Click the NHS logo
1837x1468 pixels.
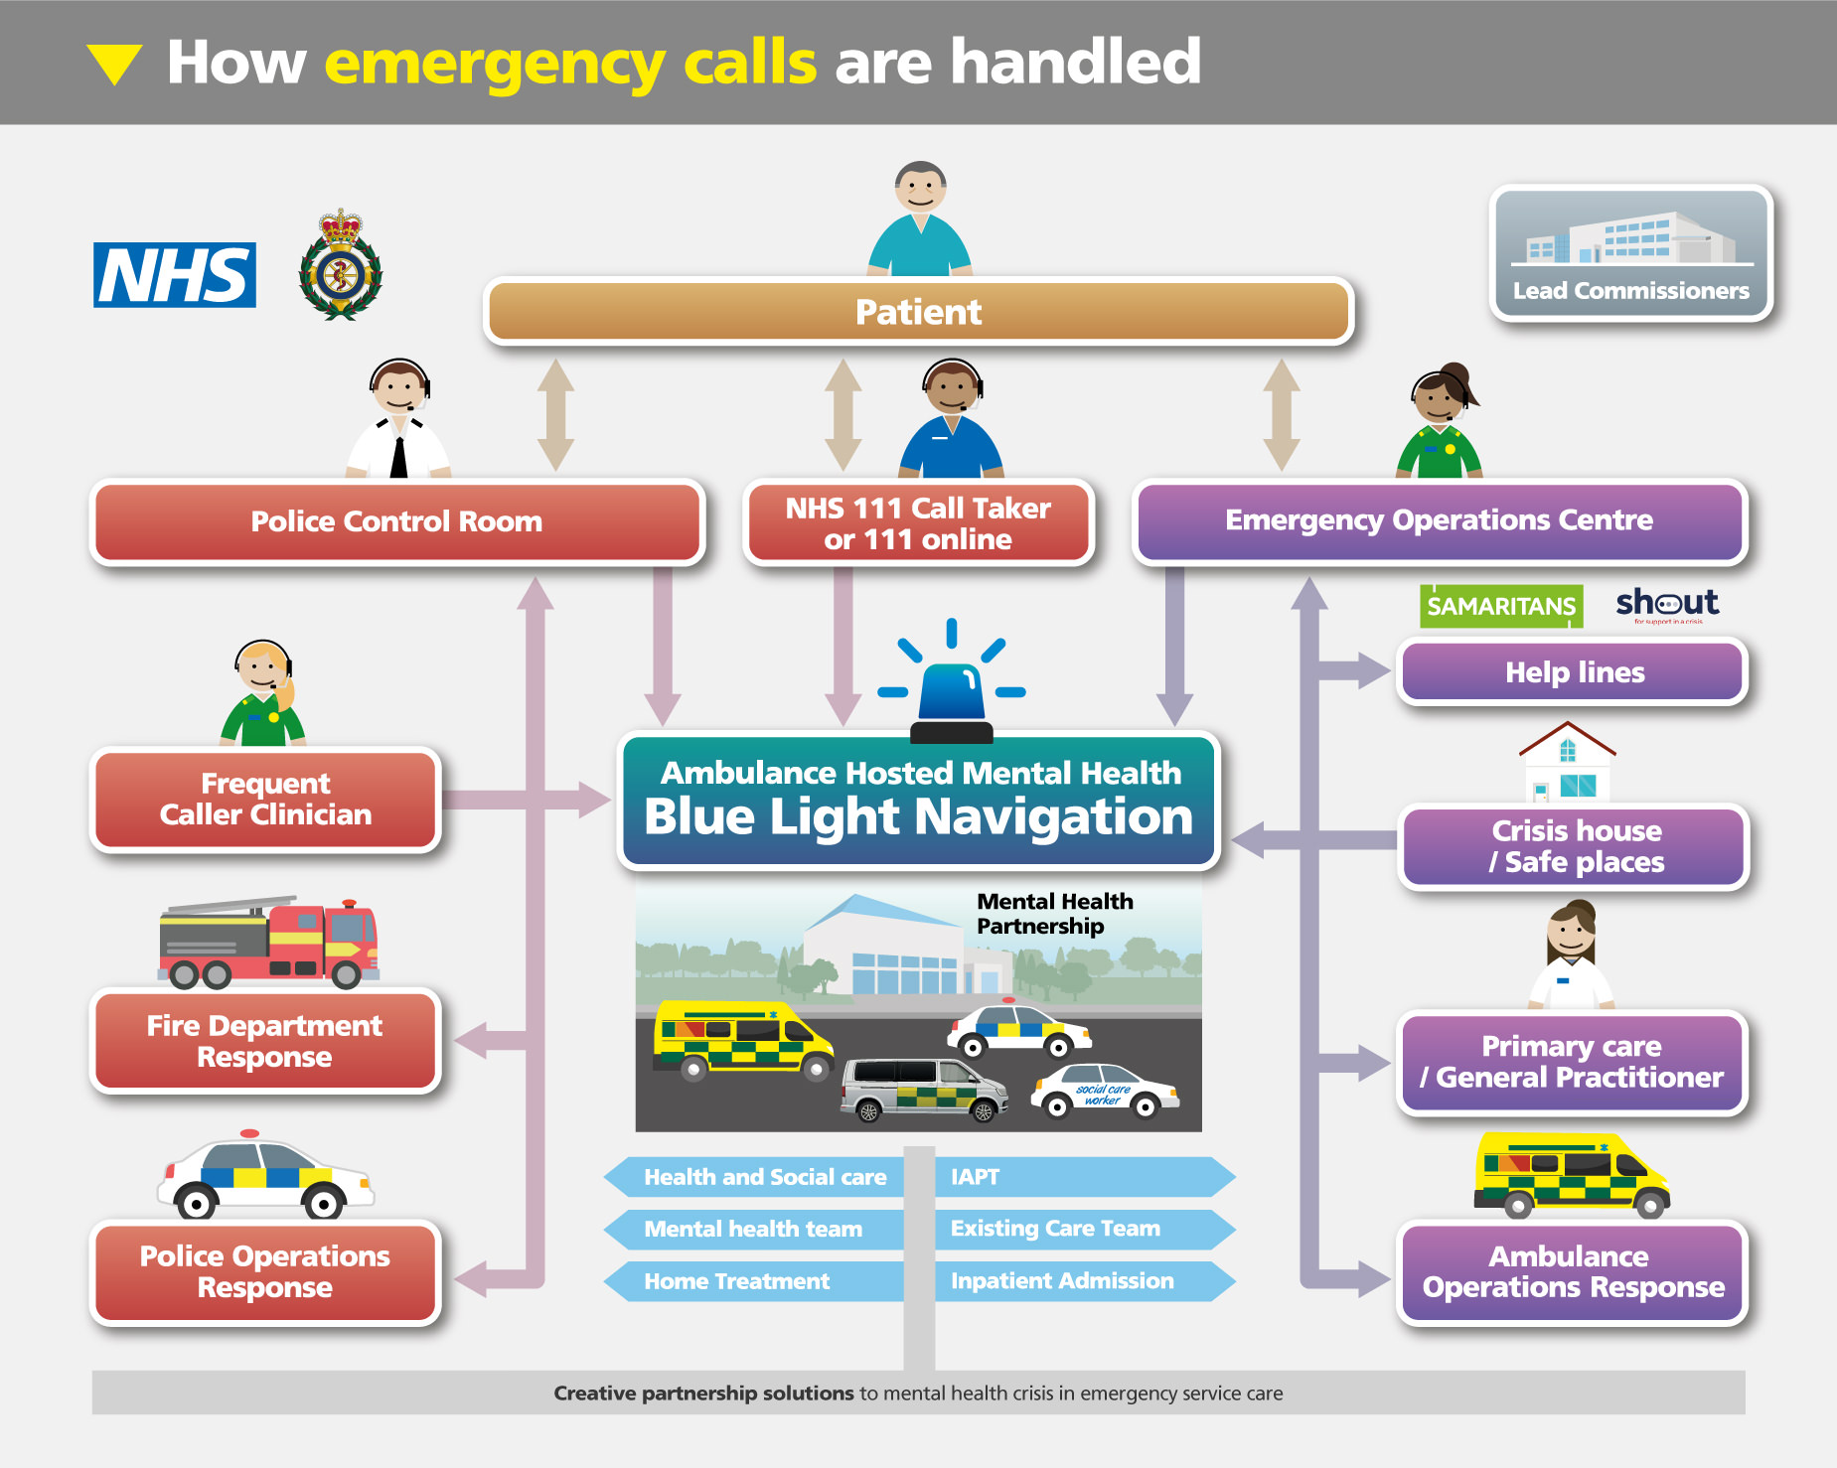(x=175, y=275)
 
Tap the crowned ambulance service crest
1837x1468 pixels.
(x=341, y=265)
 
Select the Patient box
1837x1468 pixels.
(x=918, y=312)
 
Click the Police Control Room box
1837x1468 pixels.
(x=396, y=521)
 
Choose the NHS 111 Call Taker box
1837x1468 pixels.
(x=918, y=523)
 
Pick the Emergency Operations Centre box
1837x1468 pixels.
(x=1439, y=520)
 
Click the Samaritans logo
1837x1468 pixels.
(x=1501, y=606)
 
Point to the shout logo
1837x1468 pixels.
(x=1667, y=604)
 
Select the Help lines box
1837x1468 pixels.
(x=1574, y=672)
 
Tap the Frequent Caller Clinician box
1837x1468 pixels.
(x=265, y=800)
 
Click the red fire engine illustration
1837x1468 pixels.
(x=268, y=943)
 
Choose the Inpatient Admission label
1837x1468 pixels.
(x=1062, y=1281)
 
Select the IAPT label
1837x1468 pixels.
(x=976, y=1177)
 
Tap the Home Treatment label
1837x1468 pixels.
(x=736, y=1281)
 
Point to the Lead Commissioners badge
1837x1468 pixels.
(x=1631, y=253)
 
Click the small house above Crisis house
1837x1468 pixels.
(x=1568, y=763)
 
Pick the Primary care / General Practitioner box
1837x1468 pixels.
(x=1572, y=1062)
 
